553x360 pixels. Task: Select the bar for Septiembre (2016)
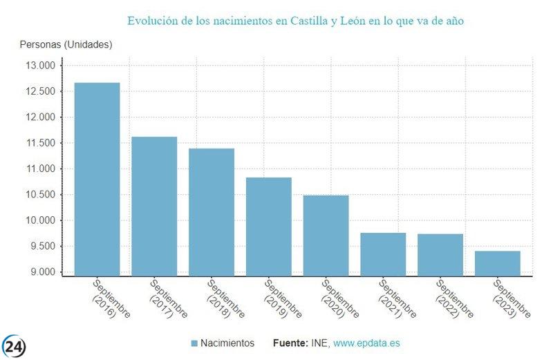(x=97, y=179)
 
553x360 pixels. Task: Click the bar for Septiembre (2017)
(x=154, y=206)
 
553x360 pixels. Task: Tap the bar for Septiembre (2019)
(x=269, y=227)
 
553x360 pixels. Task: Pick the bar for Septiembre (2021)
(x=383, y=254)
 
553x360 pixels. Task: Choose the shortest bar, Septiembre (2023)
(x=497, y=263)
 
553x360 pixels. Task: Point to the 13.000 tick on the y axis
(x=40, y=66)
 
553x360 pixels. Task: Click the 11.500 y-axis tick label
(x=40, y=143)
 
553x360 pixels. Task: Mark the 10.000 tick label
(x=40, y=220)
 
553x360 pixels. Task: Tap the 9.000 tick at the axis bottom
(x=41, y=272)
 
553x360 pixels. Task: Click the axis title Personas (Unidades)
(x=66, y=45)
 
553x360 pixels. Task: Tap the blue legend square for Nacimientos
(x=194, y=343)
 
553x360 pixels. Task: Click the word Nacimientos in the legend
(x=228, y=343)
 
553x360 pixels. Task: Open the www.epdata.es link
(x=368, y=343)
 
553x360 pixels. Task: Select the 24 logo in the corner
(x=14, y=346)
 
